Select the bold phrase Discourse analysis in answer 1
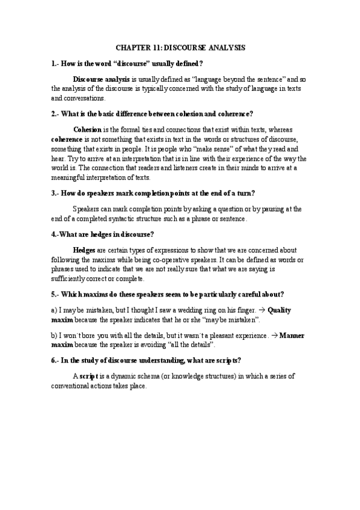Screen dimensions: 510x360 [x=102, y=79]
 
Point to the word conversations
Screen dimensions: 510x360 [x=85, y=99]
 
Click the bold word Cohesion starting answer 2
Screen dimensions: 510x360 [x=87, y=129]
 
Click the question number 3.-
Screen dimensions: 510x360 [x=57, y=193]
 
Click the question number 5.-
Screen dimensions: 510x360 [x=57, y=294]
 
